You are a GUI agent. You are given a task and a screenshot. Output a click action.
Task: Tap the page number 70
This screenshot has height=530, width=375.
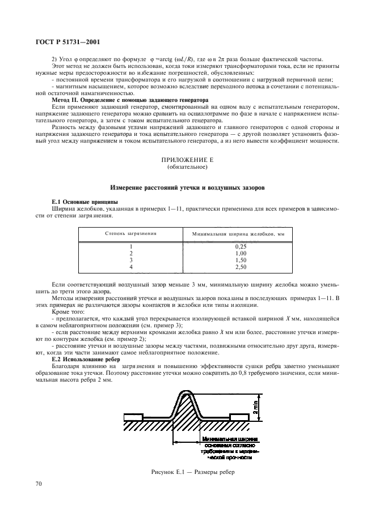pyautogui.click(x=39, y=484)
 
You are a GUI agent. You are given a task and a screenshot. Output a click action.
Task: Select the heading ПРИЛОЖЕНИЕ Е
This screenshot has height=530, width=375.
pyautogui.click(x=187, y=160)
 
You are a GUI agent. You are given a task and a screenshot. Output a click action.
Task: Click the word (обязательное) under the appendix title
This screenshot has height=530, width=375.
pyautogui.click(x=187, y=168)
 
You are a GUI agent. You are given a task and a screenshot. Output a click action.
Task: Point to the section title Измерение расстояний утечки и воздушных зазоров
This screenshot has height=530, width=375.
pyautogui.click(x=187, y=187)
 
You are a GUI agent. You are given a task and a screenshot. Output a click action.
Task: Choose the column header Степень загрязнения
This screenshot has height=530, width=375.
pyautogui.click(x=130, y=233)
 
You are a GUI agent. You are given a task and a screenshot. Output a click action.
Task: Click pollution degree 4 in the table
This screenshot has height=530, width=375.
pyautogui.click(x=130, y=266)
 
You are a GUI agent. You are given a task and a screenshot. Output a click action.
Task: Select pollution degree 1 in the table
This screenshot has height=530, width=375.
pyautogui.click(x=130, y=247)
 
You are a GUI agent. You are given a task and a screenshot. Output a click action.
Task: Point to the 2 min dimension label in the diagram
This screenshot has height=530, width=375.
pyautogui.click(x=256, y=405)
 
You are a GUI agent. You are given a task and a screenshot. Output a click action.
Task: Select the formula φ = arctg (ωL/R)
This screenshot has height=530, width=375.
pyautogui.click(x=171, y=61)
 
